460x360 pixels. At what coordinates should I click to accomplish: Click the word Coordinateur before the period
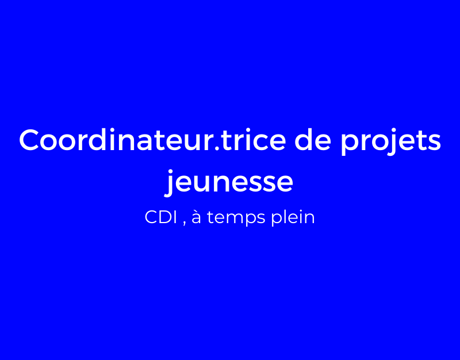pos(117,140)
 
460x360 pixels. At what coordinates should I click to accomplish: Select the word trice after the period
pos(254,140)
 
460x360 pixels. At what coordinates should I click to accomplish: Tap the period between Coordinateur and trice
pos(217,148)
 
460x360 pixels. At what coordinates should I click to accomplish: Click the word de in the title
pos(313,140)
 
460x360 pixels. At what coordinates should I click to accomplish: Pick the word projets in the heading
pos(390,142)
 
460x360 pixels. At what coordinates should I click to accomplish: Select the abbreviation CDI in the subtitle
pos(161,217)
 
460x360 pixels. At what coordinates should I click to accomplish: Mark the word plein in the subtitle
pos(293,219)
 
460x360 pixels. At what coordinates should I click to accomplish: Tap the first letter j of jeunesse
pos(170,183)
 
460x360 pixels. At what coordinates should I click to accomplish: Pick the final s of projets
pos(434,143)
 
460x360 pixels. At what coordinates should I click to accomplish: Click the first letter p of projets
pos(350,145)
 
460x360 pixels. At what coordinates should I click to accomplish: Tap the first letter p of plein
pos(277,221)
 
